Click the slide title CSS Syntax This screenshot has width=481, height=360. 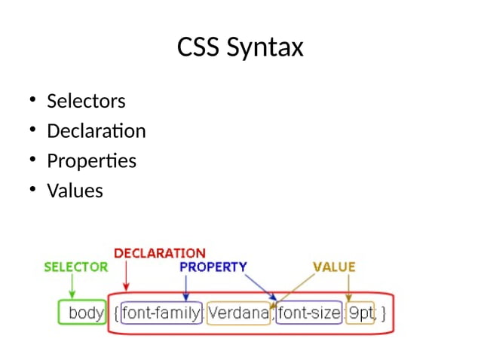pyautogui.click(x=240, y=47)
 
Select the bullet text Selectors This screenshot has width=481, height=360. pyautogui.click(x=86, y=101)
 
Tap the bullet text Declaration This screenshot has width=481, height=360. pyautogui.click(x=96, y=131)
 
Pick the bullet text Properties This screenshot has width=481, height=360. pyautogui.click(x=91, y=161)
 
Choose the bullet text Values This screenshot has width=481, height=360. pyautogui.click(x=75, y=191)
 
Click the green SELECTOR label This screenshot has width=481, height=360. pyautogui.click(x=76, y=267)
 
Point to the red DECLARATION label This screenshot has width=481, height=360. pyautogui.click(x=159, y=254)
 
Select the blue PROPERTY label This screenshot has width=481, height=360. pyautogui.click(x=213, y=267)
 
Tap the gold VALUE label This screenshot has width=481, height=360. pyautogui.click(x=334, y=267)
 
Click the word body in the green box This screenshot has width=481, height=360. pyautogui.click(x=86, y=313)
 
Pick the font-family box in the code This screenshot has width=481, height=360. pyautogui.click(x=161, y=313)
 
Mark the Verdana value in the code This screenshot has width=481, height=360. pyautogui.click(x=237, y=313)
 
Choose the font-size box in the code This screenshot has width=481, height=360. pyautogui.click(x=309, y=313)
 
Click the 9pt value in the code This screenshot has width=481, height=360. pyautogui.click(x=361, y=313)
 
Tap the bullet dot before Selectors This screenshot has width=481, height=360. pyautogui.click(x=33, y=100)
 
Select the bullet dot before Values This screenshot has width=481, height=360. pyautogui.click(x=33, y=191)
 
